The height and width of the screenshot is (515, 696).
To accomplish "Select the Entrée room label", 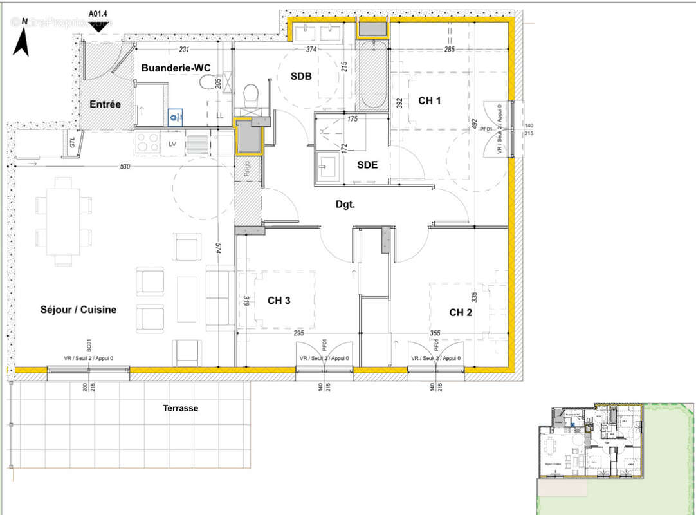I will pos(105,104).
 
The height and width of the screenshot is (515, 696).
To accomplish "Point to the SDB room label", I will pos(300,77).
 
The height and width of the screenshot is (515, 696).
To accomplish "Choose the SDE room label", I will pos(367,164).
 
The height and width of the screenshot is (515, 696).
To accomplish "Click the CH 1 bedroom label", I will pos(430,100).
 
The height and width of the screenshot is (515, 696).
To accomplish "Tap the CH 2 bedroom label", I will pos(461,312).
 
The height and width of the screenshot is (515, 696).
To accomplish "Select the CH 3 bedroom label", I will pos(279,300).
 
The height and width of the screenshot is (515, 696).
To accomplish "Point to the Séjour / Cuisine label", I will pos(78,310).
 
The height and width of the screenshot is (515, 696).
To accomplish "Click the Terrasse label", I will pos(180,408).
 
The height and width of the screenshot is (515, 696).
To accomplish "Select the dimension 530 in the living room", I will pos(125,167).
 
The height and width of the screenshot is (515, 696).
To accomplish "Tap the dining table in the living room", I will pos(63,221).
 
